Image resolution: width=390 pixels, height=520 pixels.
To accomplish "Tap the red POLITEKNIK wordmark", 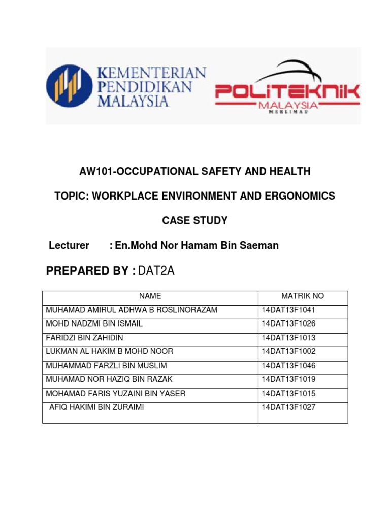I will click(287, 91).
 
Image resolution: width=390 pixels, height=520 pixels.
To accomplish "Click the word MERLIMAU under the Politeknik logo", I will click(287, 113).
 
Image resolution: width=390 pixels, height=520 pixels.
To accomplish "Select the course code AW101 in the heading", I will click(95, 172).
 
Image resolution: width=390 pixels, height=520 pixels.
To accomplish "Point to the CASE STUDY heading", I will click(195, 220).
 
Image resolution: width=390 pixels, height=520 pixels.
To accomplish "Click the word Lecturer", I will click(69, 246).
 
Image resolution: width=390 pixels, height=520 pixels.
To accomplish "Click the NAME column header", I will click(150, 296).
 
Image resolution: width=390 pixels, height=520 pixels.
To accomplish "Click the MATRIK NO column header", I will click(303, 296).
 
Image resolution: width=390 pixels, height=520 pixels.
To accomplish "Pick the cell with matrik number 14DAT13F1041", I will click(288, 310).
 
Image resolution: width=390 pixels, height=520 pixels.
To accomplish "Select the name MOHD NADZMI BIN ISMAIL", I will click(94, 323).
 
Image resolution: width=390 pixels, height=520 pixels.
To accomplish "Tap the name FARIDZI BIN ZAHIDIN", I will click(85, 338).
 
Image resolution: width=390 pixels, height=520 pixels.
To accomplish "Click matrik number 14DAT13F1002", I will click(288, 351).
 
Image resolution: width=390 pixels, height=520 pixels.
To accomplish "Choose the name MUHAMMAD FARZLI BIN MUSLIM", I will click(107, 366).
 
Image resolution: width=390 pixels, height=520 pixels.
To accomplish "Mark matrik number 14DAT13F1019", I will click(288, 379).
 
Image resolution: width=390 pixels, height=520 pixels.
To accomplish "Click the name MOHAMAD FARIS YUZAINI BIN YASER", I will click(116, 393).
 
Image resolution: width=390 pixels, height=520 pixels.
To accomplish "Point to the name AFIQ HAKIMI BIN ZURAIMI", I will click(96, 407).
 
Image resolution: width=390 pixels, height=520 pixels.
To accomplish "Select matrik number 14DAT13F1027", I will click(288, 407).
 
